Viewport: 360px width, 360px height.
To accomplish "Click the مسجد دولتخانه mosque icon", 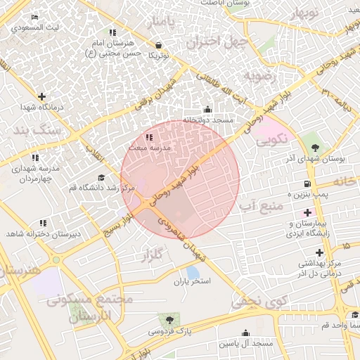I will (x=207, y=109).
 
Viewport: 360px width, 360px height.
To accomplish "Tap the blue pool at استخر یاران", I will (x=193, y=272).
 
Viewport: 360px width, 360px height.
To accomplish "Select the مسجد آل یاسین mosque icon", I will (x=245, y=333).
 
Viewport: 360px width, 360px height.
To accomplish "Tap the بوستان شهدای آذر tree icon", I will (x=314, y=148).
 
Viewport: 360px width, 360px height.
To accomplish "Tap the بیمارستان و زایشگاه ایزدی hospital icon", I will (x=307, y=212).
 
